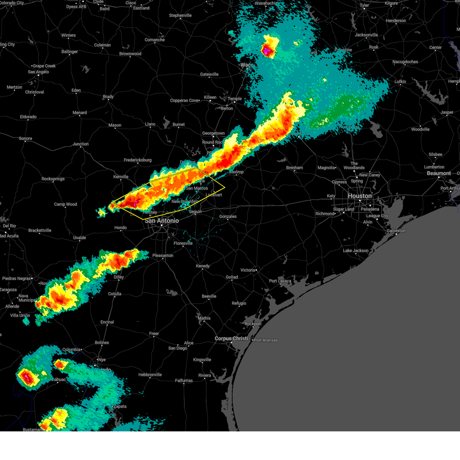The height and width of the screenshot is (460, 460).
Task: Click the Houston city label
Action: point(360,196)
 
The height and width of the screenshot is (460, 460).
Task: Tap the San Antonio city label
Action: point(161,221)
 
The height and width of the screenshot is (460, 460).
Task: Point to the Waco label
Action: point(247,65)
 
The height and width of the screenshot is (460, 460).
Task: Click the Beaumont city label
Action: point(439,173)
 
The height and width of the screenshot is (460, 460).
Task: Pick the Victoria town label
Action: point(247,270)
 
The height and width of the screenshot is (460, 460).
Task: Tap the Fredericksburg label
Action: point(138,160)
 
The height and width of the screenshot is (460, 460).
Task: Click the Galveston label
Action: point(396,231)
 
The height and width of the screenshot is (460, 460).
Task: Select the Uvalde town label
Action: point(79,238)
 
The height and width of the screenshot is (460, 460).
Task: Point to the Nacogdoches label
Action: point(405,62)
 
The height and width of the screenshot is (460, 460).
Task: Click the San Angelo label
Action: point(38,72)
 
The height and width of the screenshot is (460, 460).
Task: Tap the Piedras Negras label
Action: point(16,279)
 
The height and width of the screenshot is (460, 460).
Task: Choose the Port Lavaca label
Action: point(280,281)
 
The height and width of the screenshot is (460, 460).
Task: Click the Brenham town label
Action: point(294,168)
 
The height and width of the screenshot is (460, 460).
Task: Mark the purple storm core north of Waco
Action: point(266,50)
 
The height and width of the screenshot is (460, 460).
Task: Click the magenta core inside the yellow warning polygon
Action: point(136,202)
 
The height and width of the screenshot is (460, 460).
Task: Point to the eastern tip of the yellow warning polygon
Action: point(225,187)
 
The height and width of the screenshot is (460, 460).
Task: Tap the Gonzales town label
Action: point(228,217)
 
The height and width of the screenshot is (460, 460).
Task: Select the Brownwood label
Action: point(130,54)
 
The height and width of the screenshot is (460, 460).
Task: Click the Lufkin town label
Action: point(400,82)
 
